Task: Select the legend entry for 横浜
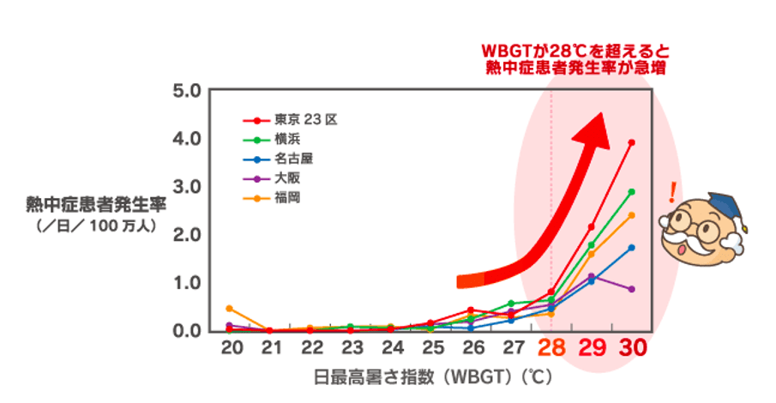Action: click(287, 140)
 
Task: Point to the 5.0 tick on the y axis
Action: click(186, 90)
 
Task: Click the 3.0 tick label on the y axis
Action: click(186, 187)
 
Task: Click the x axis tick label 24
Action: click(390, 348)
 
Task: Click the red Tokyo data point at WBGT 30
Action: click(632, 142)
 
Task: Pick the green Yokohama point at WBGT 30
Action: click(632, 191)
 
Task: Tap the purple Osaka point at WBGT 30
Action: click(632, 289)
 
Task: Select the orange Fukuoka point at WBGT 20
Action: click(229, 308)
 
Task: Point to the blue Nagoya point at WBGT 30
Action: click(632, 247)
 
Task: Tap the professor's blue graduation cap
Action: click(728, 207)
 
